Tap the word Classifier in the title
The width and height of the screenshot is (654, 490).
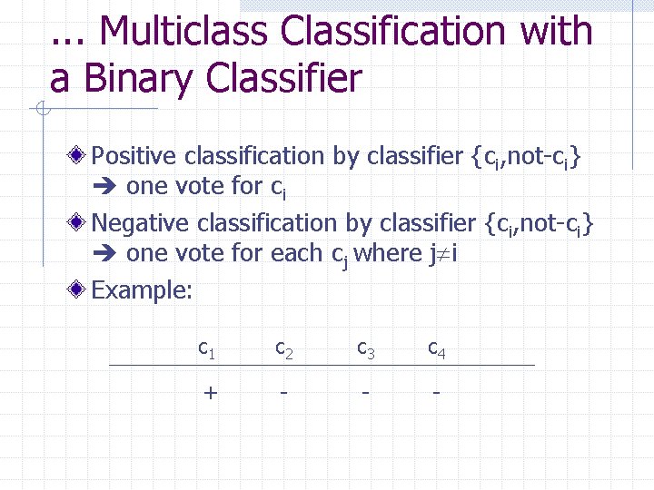point(283,79)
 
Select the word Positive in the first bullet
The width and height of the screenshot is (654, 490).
point(134,156)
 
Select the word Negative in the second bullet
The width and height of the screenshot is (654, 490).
point(142,222)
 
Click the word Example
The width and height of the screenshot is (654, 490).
point(143,289)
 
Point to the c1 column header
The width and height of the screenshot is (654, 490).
point(207,347)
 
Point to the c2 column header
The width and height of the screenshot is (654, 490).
point(284,347)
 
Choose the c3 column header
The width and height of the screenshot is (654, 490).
point(365,347)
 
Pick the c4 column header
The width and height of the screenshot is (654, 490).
point(437,347)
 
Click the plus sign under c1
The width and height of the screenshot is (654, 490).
point(211,392)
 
